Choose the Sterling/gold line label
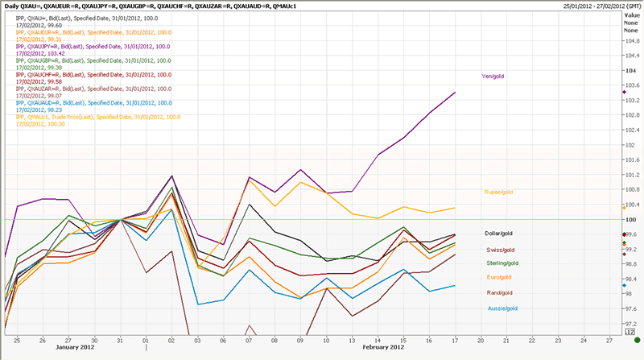(502, 263)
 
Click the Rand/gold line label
(499, 292)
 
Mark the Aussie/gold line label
(501, 308)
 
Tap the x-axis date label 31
(120, 341)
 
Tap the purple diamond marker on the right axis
(624, 93)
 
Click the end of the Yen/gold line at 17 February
(456, 93)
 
